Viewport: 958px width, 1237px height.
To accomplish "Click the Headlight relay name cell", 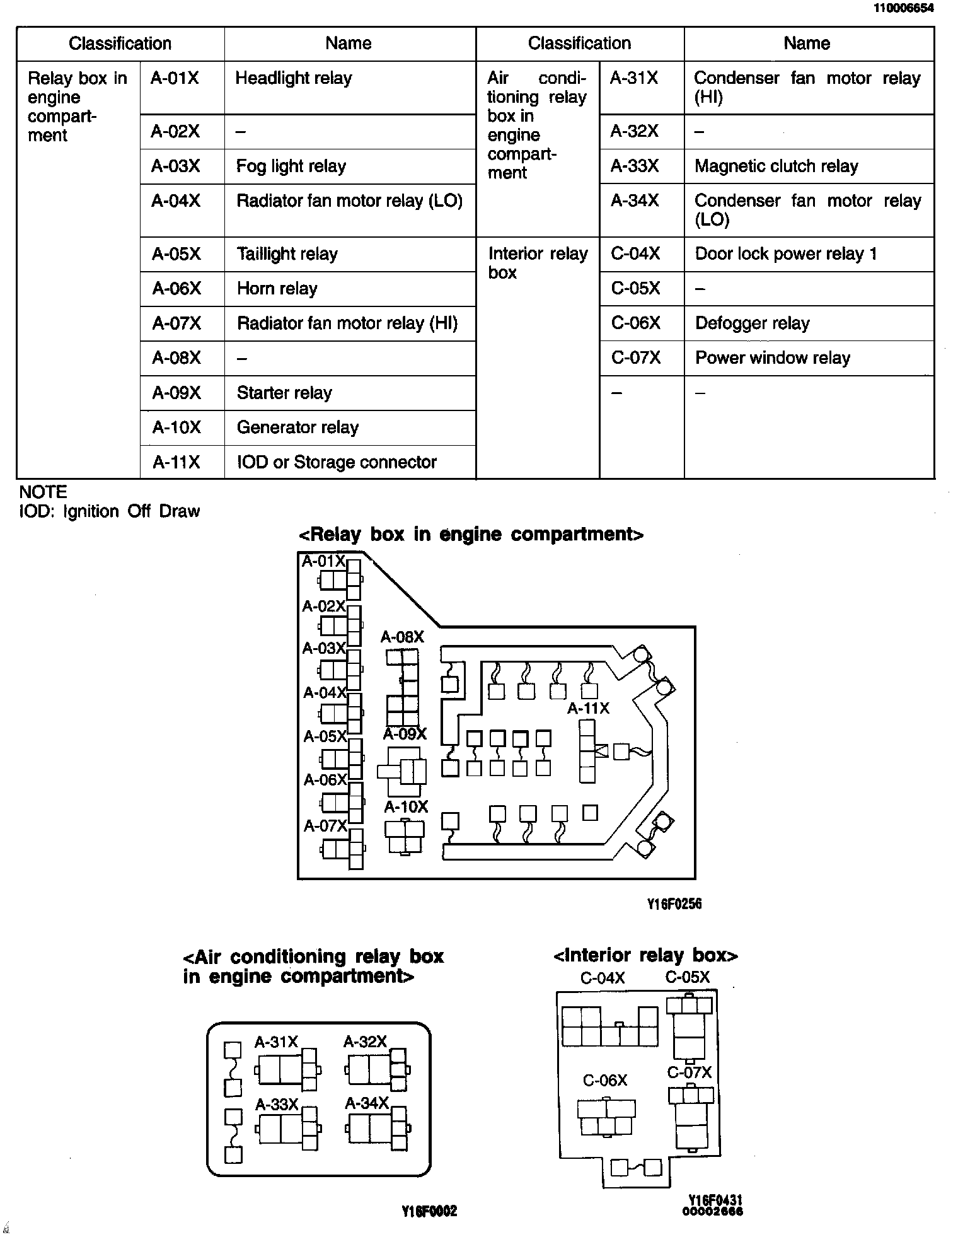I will (x=293, y=79).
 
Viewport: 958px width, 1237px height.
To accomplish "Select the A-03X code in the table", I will (x=175, y=166).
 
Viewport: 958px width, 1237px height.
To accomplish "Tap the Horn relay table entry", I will (x=277, y=289).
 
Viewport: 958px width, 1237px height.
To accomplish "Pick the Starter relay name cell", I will (x=284, y=393).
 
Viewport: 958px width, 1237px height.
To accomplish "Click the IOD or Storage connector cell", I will (x=337, y=463).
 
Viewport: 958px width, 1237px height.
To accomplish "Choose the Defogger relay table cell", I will (x=752, y=324).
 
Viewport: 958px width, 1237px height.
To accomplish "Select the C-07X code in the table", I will (x=635, y=359).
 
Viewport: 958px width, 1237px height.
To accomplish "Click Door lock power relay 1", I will (x=785, y=254).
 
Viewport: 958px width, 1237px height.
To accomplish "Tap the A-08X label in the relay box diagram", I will (x=402, y=637).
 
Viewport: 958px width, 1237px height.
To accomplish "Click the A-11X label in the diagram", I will (x=588, y=709).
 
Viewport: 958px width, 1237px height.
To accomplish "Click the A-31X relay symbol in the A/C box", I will (x=287, y=1071).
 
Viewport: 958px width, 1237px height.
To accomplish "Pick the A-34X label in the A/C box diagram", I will (x=367, y=1103).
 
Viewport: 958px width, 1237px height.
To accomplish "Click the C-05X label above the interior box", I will (x=687, y=978).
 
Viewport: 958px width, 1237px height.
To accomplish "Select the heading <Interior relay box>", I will (x=645, y=956).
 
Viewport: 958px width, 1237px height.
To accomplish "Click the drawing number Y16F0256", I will (x=674, y=904).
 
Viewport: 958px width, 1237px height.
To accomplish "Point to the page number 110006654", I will (x=903, y=8).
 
